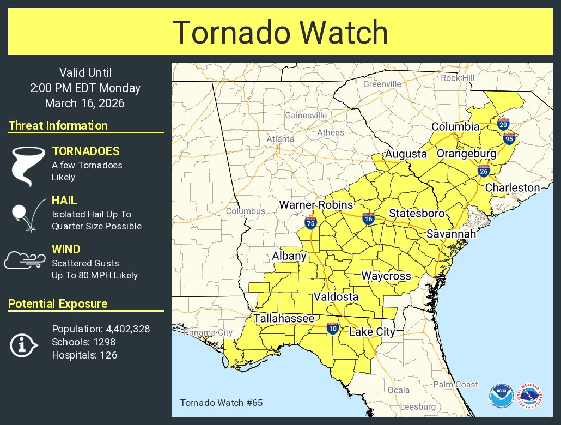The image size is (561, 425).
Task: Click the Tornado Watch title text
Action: click(x=280, y=33)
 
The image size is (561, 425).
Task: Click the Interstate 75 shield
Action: click(x=310, y=222)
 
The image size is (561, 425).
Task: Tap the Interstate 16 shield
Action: click(x=369, y=219)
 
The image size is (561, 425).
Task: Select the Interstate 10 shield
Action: click(x=333, y=327)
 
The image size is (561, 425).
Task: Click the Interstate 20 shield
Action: click(x=503, y=124)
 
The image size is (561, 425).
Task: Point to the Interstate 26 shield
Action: click(x=483, y=171)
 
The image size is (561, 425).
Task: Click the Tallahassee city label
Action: click(x=283, y=318)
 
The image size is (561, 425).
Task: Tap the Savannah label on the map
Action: click(x=451, y=234)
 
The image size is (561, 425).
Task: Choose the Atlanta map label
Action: click(x=280, y=139)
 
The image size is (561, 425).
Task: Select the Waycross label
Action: click(x=386, y=276)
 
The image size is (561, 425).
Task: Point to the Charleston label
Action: click(x=512, y=187)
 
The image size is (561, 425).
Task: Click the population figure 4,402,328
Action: click(x=125, y=329)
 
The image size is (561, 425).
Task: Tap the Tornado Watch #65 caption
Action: click(x=214, y=403)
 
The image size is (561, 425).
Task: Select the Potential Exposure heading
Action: click(x=58, y=304)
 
